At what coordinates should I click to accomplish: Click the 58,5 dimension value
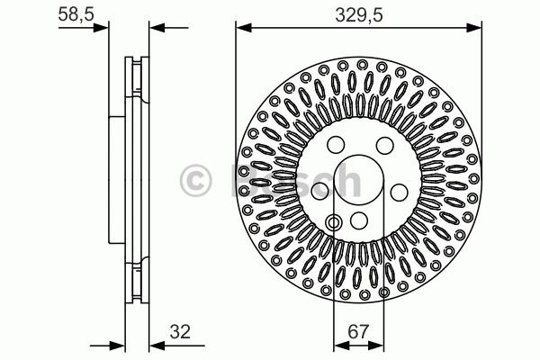(76, 14)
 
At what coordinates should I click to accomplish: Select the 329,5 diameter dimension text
(359, 15)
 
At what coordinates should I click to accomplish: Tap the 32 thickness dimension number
(180, 332)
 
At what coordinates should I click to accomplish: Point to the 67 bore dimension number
(358, 332)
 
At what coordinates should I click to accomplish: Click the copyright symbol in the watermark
(195, 180)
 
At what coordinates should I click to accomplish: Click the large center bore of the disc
(358, 180)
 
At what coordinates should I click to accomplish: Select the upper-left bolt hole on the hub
(336, 144)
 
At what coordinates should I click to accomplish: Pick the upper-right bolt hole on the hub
(384, 146)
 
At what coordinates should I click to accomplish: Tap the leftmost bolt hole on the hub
(319, 191)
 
